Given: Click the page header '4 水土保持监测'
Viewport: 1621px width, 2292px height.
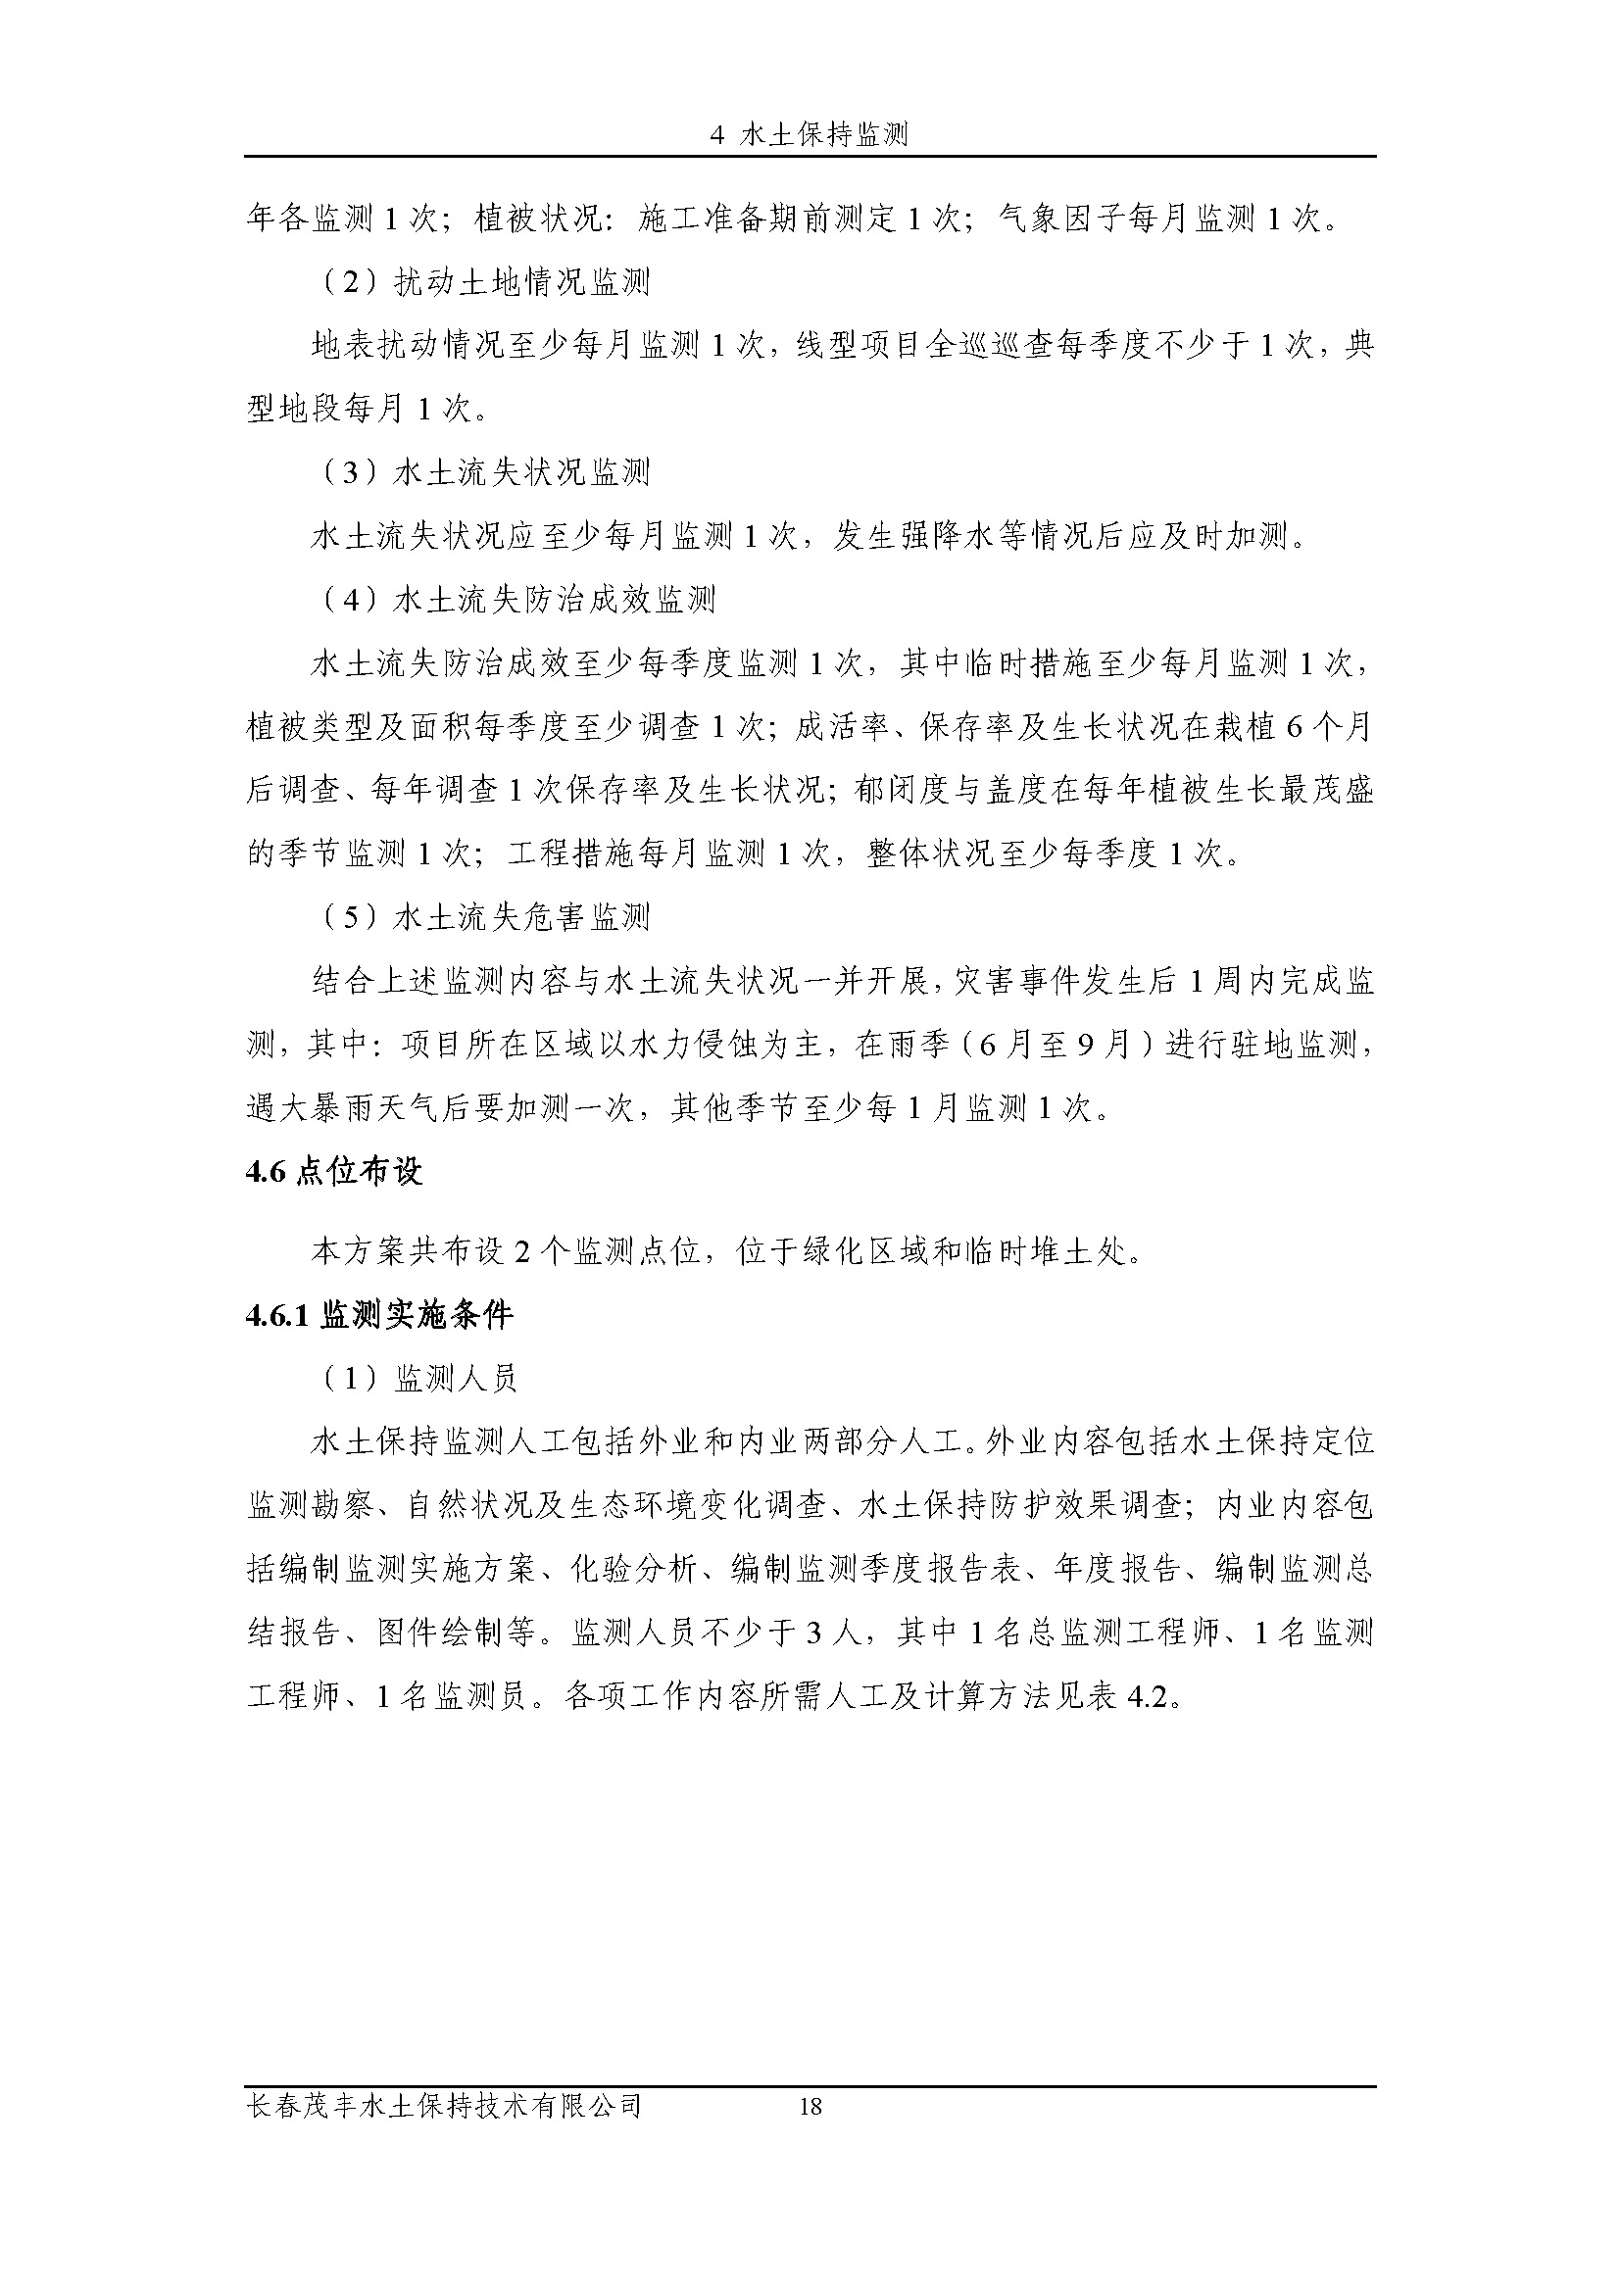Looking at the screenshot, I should click(x=810, y=136).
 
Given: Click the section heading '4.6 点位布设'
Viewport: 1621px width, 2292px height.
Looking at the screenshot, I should click(x=334, y=1171).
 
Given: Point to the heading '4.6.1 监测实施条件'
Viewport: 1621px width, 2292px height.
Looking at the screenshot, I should click(x=379, y=1315).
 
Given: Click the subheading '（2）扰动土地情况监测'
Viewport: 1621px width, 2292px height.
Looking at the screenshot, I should click(x=485, y=282).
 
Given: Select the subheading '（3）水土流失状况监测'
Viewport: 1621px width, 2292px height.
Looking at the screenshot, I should click(x=485, y=472).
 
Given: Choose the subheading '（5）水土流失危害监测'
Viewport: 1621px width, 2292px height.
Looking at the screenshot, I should click(x=485, y=916).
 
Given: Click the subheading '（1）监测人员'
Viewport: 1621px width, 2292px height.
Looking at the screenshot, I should click(x=419, y=1379).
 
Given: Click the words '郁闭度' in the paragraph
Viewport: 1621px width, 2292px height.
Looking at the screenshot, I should click(x=904, y=790).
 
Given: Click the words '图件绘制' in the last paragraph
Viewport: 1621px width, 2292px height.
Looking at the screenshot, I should click(x=443, y=1633).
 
